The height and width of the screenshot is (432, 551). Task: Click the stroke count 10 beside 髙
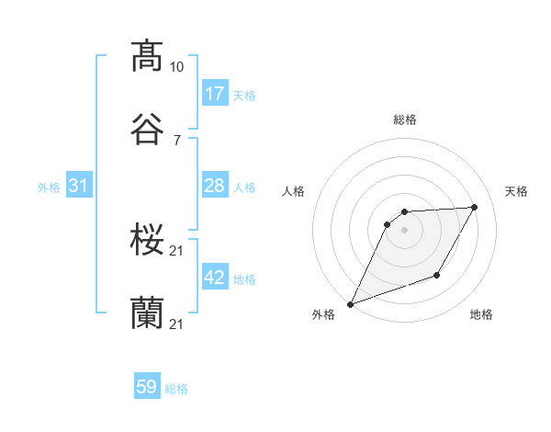(x=176, y=67)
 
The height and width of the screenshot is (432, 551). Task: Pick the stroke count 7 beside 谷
(x=176, y=141)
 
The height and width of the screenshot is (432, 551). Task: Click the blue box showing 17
(x=214, y=94)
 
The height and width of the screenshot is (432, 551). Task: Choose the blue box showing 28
(x=214, y=186)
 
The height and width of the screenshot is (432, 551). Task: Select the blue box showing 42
(x=214, y=278)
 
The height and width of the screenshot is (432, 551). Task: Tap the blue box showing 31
(x=79, y=186)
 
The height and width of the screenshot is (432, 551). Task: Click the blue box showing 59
(x=147, y=387)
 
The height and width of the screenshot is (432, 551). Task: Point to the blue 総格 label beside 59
(x=176, y=389)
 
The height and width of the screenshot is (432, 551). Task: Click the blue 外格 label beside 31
(x=49, y=188)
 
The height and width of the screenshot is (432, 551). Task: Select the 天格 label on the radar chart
(x=516, y=191)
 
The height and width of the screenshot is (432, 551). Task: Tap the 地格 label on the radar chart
(x=481, y=314)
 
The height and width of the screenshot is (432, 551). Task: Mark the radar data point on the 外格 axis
(x=350, y=304)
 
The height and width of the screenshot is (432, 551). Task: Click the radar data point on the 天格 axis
(x=475, y=207)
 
